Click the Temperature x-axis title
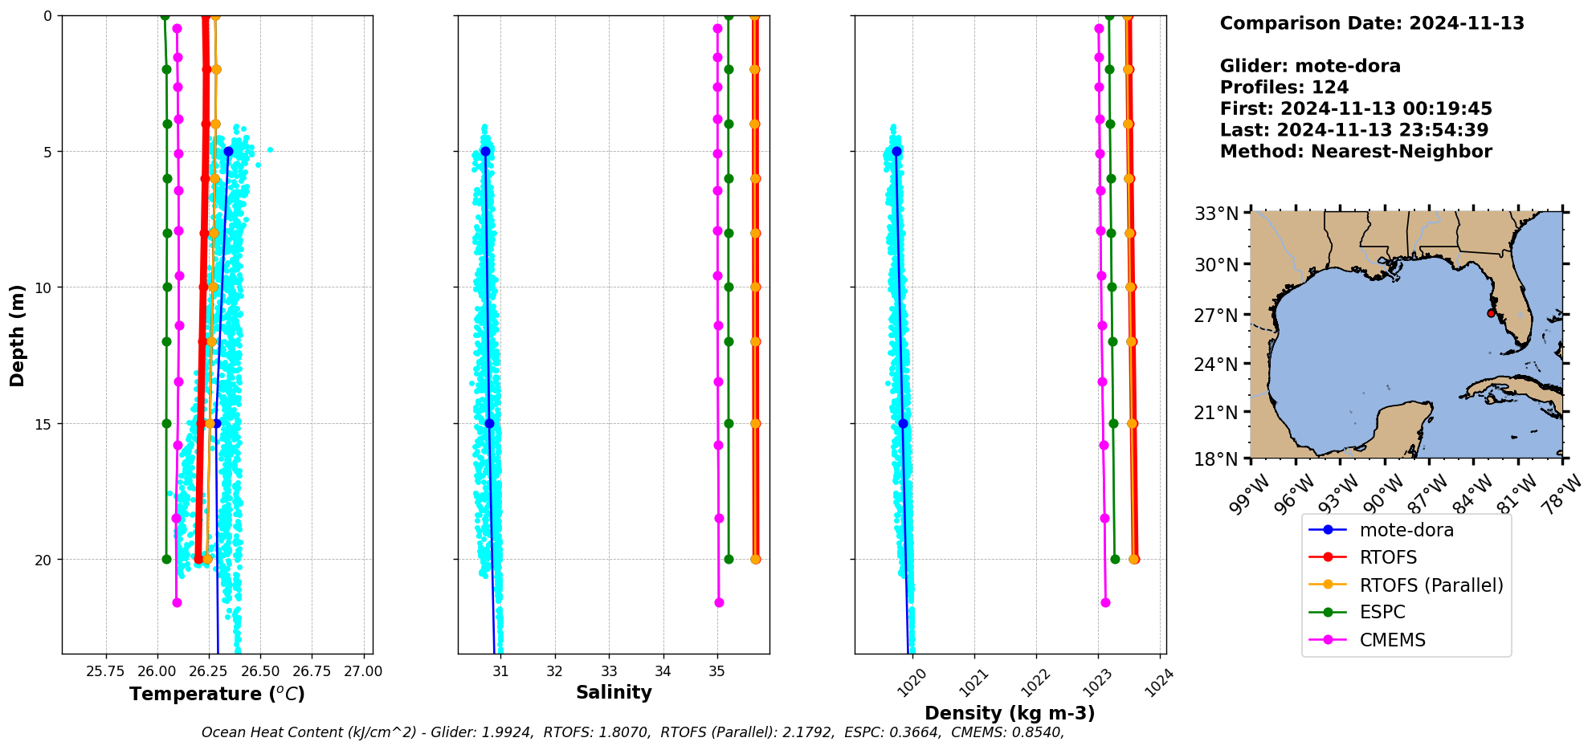217,694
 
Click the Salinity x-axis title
614,692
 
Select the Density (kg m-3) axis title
1010,713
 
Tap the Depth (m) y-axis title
18,335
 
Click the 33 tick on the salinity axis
609,671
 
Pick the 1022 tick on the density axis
1033,683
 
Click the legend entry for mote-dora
1406,530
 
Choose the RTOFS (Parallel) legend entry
1431,585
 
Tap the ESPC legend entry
1382,613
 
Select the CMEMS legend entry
1392,640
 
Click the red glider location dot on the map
1491,313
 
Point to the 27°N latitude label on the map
1215,315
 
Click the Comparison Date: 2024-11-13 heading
1371,23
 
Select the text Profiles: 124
1284,88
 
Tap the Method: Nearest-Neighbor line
1355,152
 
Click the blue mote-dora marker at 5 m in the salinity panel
485,152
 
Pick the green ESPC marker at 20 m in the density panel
1115,560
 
